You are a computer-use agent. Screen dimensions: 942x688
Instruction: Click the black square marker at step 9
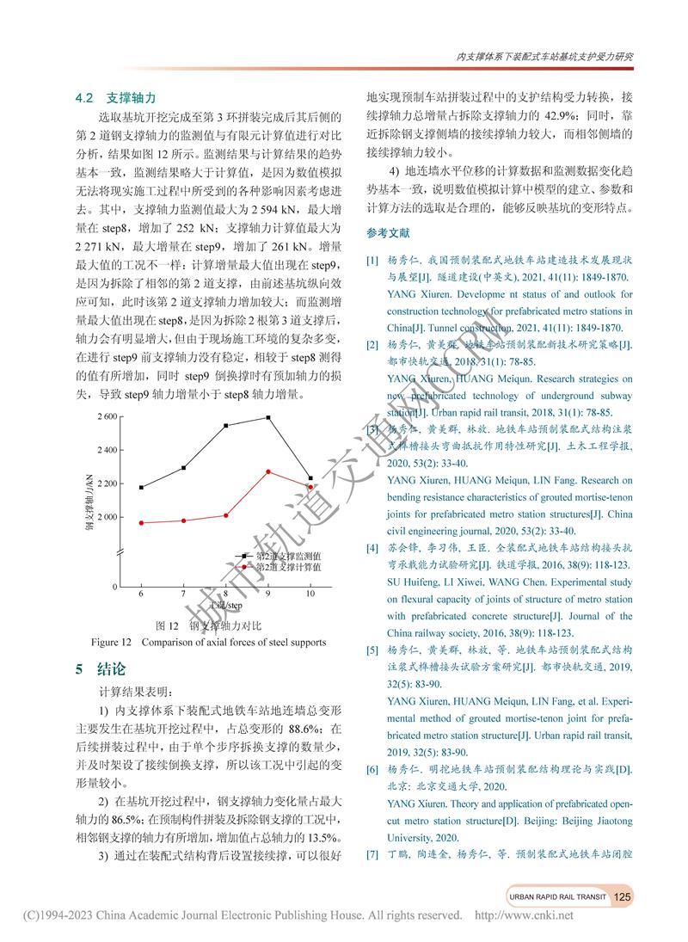[x=268, y=417]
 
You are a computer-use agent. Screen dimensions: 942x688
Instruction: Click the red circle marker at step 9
[x=268, y=471]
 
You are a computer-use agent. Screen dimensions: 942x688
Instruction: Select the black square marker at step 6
[x=141, y=488]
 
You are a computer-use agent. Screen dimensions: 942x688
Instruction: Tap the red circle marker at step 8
[x=226, y=515]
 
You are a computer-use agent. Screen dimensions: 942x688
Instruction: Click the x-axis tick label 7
[x=183, y=594]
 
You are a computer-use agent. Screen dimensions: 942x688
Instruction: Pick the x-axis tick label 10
[x=310, y=594]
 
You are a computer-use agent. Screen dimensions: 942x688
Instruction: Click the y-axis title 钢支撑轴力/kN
[x=89, y=500]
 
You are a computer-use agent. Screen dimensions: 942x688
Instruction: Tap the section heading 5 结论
[x=101, y=669]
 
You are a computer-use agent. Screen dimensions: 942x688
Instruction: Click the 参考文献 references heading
[x=389, y=233]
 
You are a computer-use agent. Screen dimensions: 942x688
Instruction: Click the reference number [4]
[x=372, y=548]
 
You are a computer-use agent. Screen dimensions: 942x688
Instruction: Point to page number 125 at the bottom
[x=623, y=896]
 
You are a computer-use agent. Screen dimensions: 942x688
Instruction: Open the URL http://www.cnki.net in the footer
[x=524, y=915]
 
